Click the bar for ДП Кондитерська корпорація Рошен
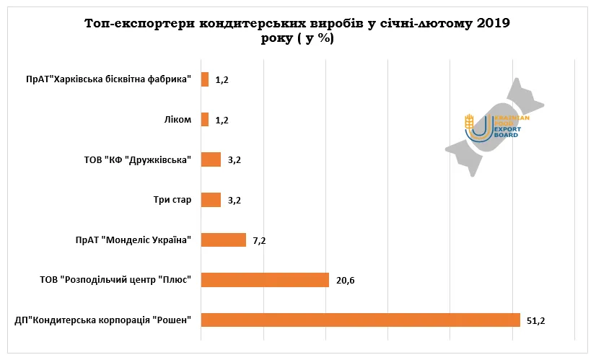360,320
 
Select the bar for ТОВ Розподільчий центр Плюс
265,280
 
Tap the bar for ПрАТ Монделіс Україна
223,240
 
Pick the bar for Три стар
211,200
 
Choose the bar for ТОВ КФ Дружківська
211,159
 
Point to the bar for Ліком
205,120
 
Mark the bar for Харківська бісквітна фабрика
205,79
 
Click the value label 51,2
535,320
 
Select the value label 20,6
345,280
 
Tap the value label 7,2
259,240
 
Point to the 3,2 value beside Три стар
234,200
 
